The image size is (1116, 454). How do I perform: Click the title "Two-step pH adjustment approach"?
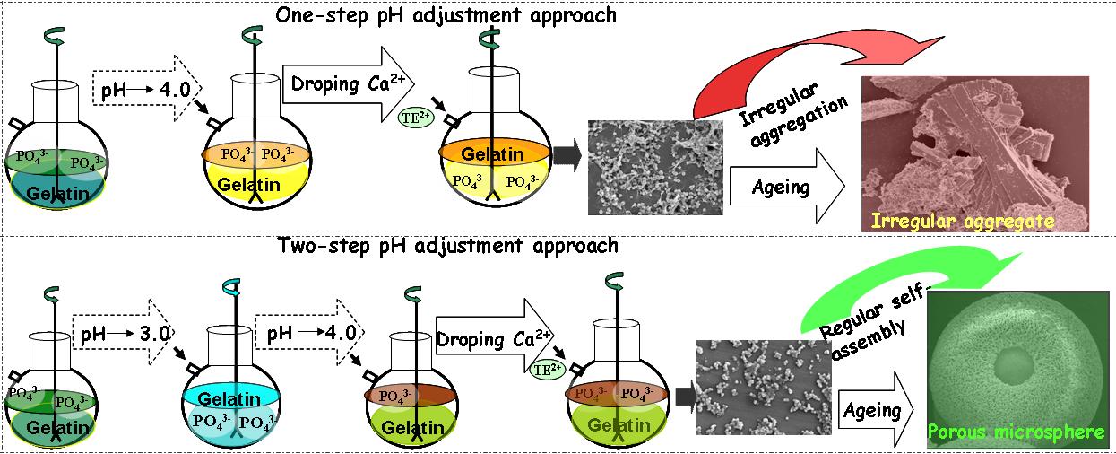tap(448, 245)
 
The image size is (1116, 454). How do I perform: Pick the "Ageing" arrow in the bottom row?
tap(873, 411)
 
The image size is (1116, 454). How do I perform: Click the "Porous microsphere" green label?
tap(1017, 432)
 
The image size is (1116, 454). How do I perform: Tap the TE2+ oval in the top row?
tap(413, 114)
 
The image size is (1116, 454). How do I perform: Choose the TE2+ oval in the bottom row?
tap(545, 368)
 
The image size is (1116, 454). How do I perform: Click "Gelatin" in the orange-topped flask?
tap(492, 154)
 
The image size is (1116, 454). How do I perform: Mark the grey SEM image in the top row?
tap(653, 167)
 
